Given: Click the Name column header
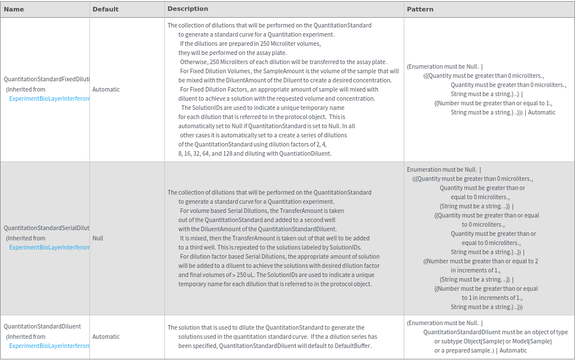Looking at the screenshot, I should pyautogui.click(x=14, y=9).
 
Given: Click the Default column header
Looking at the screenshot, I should pyautogui.click(x=105, y=9).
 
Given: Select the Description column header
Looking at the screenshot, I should pyautogui.click(x=188, y=9).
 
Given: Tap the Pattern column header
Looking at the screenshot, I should pyautogui.click(x=420, y=9).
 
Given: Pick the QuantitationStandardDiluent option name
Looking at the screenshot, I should pyautogui.click(x=42, y=326).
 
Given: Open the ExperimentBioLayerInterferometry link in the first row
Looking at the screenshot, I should pyautogui.click(x=50, y=98).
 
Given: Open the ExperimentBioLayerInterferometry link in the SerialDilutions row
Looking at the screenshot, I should pyautogui.click(x=50, y=247).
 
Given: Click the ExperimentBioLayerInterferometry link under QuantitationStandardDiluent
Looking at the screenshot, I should pyautogui.click(x=50, y=346).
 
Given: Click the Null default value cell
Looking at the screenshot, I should pyautogui.click(x=98, y=238).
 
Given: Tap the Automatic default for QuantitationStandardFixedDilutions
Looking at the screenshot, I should pyautogui.click(x=106, y=89).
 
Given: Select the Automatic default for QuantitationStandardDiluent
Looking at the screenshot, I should pyautogui.click(x=106, y=337).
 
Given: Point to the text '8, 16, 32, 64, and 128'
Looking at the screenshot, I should pyautogui.click(x=209, y=153).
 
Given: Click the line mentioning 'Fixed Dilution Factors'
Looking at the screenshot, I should pyautogui.click(x=279, y=89).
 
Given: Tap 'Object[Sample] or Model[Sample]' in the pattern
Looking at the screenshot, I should pyautogui.click(x=493, y=341).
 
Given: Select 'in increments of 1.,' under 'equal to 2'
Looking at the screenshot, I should pyautogui.click(x=475, y=270).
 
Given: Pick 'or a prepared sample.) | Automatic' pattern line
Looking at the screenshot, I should pyautogui.click(x=480, y=350).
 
